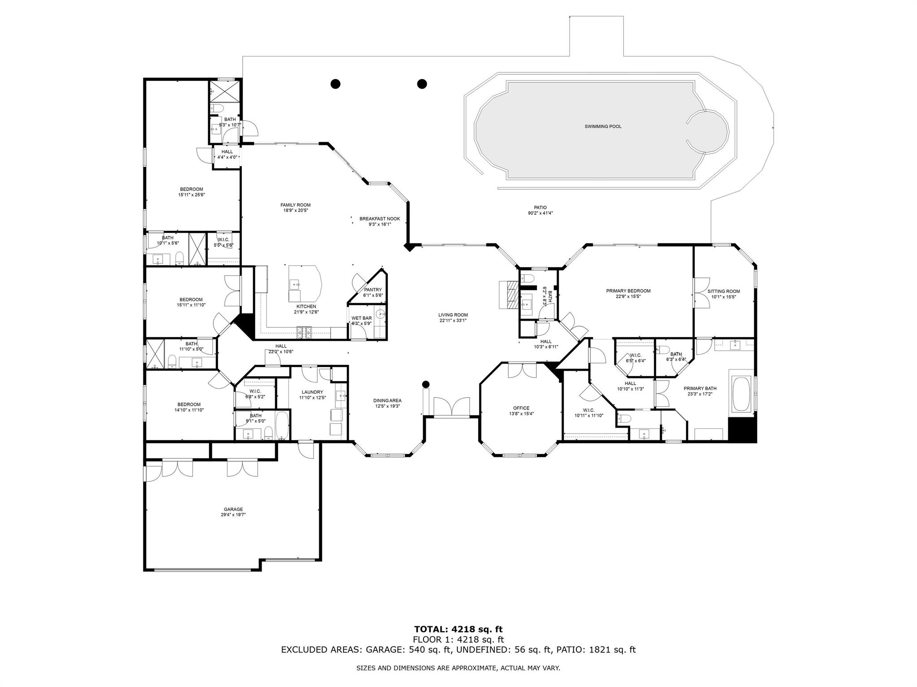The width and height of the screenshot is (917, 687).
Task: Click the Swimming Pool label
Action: click(603, 127)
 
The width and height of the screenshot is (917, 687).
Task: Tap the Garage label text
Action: click(233, 509)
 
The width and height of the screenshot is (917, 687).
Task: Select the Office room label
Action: click(521, 408)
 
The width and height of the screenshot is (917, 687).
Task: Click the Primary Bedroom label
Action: click(628, 291)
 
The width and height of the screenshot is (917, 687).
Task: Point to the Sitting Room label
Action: click(724, 291)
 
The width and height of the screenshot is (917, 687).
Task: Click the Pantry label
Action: click(373, 290)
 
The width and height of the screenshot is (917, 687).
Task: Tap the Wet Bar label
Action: click(361, 318)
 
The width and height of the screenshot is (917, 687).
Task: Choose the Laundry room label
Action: click(312, 392)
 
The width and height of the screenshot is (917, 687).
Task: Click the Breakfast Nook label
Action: click(380, 219)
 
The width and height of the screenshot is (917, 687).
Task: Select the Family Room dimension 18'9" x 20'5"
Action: click(296, 210)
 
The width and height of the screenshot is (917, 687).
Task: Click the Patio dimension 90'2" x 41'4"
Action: click(540, 213)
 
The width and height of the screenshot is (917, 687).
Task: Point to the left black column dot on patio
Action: click(335, 84)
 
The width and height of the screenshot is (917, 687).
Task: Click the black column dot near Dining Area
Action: click(426, 384)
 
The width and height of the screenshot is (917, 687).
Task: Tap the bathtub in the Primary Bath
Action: click(742, 394)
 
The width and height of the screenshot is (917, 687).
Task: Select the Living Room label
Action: click(453, 315)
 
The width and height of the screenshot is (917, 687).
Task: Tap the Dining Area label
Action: click(387, 401)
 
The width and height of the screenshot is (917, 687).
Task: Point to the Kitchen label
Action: click(306, 306)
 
